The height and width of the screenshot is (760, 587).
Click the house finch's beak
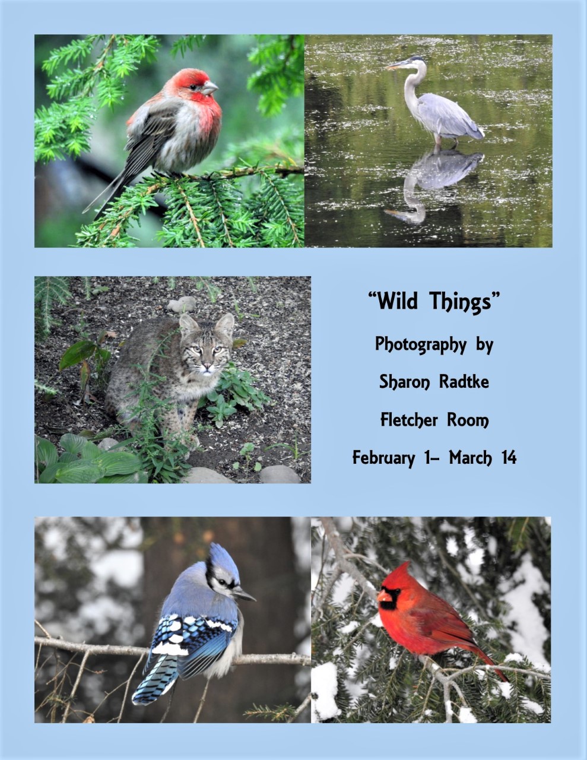coord(210,87)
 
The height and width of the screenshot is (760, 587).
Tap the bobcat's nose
coord(208,367)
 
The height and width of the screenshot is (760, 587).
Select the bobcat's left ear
coord(188,324)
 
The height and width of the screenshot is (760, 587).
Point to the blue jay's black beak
coord(244,594)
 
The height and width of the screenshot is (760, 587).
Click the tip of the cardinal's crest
coord(408,562)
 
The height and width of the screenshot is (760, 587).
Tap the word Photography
coord(421,345)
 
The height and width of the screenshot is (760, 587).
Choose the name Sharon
coord(405,382)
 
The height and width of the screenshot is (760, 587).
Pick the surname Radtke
coord(464,381)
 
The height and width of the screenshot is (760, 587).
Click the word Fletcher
coord(409,419)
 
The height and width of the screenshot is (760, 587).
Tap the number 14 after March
coord(509,457)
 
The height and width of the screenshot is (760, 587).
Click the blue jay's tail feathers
coord(156,680)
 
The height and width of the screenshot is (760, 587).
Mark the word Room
coord(468,420)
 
